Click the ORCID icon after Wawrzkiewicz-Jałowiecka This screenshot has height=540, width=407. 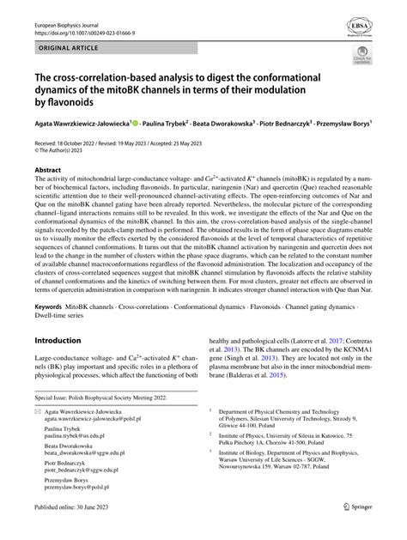pos(135,122)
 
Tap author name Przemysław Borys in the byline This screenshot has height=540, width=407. pos(343,123)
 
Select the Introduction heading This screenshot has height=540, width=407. pos(65,341)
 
